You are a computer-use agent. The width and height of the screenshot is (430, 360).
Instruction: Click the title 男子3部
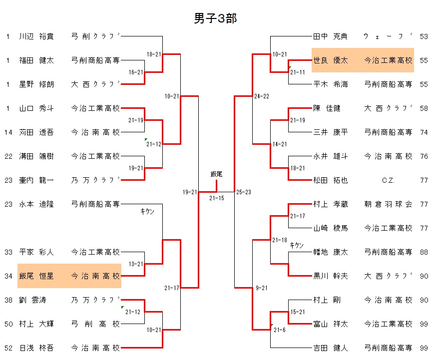[215, 18]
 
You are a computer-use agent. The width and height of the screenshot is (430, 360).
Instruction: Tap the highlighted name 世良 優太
[330, 60]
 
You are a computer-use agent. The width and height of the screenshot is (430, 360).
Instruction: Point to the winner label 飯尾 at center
[216, 174]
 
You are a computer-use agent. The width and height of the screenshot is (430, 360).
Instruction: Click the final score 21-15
[216, 198]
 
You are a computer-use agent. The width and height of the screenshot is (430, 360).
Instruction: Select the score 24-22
[261, 96]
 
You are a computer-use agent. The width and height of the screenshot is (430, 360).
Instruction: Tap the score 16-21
[136, 72]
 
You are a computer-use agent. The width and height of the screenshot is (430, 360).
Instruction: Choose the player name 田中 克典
[330, 36]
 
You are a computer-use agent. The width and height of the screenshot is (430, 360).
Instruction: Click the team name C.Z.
[388, 180]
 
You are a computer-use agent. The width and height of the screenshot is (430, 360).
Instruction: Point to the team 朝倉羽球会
[388, 204]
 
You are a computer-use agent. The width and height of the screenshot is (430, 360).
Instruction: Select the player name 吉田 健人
[330, 348]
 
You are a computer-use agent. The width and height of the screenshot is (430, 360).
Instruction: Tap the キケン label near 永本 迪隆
[147, 212]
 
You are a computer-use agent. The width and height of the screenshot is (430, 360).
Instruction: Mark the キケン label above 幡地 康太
[297, 245]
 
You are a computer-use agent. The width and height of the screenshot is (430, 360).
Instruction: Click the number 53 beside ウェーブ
[424, 36]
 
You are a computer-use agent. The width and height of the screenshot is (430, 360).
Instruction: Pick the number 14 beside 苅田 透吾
[8, 132]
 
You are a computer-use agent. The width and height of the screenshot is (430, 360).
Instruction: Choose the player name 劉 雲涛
[33, 300]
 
